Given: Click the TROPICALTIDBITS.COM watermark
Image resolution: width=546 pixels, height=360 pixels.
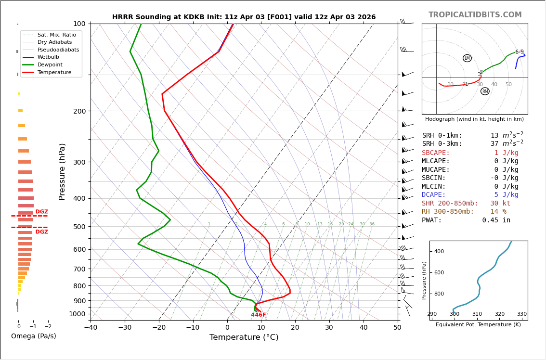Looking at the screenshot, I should (475, 15).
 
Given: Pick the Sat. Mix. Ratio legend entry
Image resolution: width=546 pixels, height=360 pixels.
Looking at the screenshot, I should (56, 35).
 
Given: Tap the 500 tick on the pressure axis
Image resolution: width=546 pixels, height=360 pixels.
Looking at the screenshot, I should (79, 227).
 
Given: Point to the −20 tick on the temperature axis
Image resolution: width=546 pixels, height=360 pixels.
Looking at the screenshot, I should (159, 328).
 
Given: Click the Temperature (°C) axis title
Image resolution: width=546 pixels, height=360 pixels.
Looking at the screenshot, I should (244, 337).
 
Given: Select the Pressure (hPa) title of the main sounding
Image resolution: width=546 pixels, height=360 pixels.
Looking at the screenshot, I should (62, 171).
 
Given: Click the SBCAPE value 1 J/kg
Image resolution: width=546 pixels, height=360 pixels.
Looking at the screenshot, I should (506, 153).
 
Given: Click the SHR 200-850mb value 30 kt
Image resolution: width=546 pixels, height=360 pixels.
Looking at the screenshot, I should (500, 203).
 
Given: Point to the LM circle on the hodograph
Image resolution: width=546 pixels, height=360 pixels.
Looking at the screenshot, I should (467, 58).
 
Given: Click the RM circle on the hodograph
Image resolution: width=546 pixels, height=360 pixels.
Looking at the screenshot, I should (485, 91).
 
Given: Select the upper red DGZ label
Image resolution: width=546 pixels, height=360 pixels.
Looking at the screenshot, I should (41, 212).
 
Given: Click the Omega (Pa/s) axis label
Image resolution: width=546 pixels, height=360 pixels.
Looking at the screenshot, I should (33, 336).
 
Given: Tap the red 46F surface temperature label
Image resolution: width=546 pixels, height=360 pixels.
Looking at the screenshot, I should (260, 315).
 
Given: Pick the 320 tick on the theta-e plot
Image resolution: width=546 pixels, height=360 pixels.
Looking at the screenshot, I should (499, 314).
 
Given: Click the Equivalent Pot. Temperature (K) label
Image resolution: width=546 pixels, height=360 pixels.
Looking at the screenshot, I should (478, 324).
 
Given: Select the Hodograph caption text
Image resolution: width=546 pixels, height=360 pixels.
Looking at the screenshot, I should (474, 119).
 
